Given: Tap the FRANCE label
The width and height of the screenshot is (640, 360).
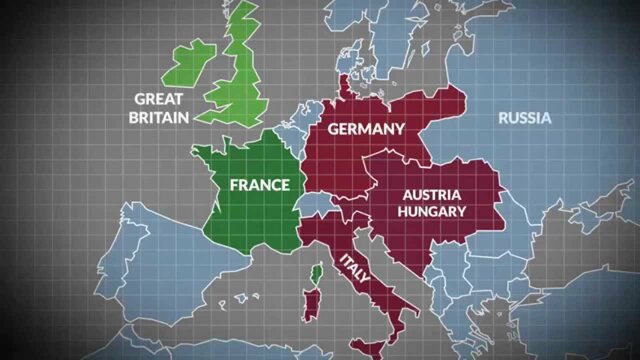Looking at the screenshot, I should tap(259, 185).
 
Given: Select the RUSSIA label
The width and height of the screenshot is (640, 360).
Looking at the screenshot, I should tap(525, 118).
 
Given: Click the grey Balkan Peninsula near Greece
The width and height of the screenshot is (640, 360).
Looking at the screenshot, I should tap(470, 300).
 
